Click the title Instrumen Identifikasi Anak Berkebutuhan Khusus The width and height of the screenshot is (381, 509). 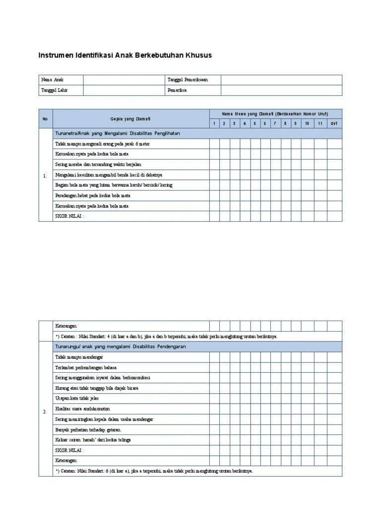[125, 55]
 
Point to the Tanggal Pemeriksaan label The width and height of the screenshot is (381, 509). [188, 80]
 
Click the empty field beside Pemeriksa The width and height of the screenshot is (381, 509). [281, 90]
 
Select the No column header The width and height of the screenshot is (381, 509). [45, 119]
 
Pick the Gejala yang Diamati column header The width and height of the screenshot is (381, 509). [130, 119]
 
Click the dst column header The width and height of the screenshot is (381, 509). [334, 124]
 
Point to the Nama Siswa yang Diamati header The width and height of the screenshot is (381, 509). [275, 114]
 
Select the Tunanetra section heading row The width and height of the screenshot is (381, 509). [118, 134]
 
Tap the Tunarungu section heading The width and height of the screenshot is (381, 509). [121, 346]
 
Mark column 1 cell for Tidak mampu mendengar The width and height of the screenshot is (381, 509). [214, 357]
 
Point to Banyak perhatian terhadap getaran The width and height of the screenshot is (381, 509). [87, 430]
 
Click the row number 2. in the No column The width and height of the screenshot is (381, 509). [45, 412]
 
